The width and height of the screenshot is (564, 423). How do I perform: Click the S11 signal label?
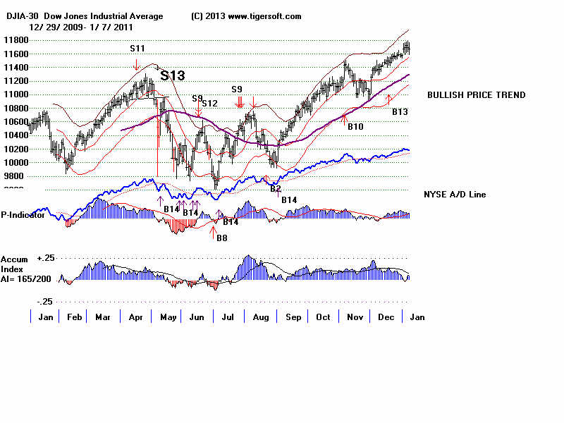[x=137, y=49]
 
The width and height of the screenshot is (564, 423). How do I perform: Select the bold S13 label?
[x=173, y=75]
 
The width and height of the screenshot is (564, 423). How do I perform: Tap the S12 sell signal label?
[x=209, y=104]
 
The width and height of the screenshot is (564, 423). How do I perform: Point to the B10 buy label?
[x=355, y=126]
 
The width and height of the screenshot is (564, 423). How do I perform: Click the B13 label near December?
[x=400, y=111]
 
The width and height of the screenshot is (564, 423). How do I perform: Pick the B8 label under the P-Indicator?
[x=221, y=238]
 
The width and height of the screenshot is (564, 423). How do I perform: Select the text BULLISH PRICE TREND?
[x=476, y=95]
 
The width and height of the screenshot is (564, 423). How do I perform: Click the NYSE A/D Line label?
[x=455, y=195]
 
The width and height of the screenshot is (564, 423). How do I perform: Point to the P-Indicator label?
[x=23, y=215]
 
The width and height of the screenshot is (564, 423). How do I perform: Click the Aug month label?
[x=261, y=317]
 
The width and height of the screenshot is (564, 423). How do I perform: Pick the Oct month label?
[x=324, y=317]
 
